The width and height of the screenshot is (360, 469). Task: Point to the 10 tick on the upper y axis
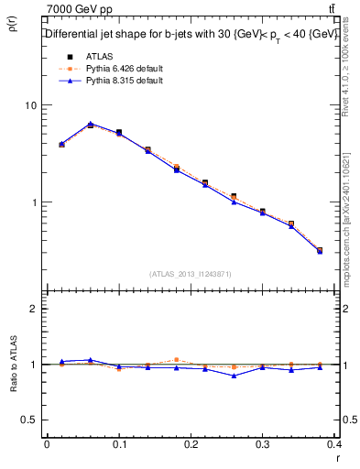(30, 105)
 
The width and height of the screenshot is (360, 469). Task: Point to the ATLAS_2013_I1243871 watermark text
(191, 274)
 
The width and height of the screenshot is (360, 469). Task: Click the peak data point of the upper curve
(91, 124)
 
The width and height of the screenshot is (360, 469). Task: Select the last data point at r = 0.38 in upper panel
(320, 250)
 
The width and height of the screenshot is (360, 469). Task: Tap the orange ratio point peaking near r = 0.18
(177, 360)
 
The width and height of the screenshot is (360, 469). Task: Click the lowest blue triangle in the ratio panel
(235, 376)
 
